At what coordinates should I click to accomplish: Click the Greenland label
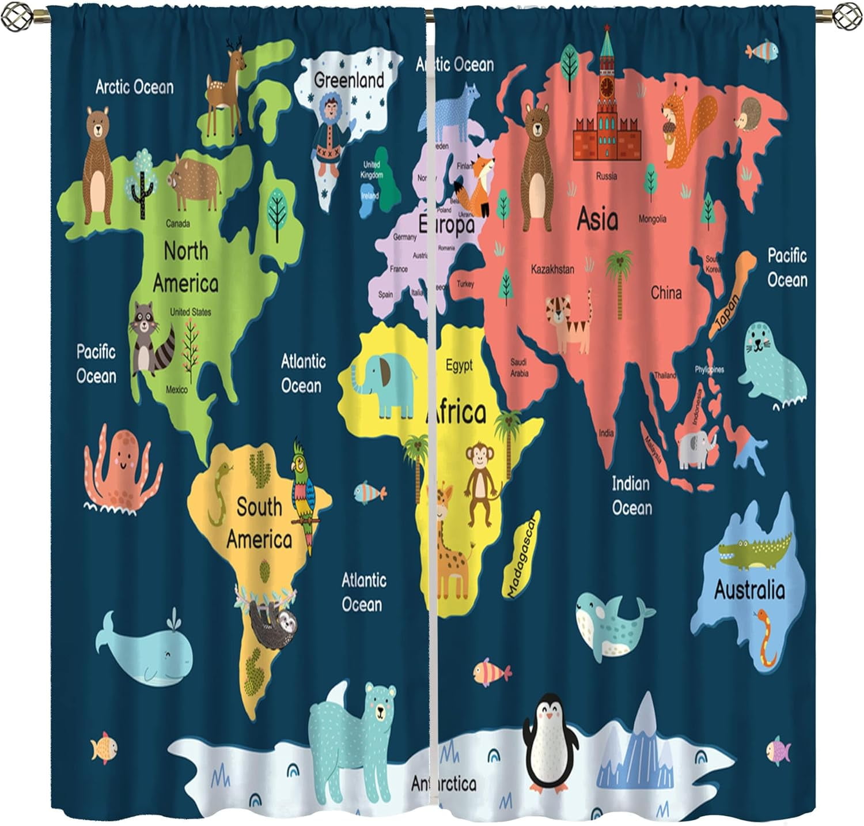click(348, 80)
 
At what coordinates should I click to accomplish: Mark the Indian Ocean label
click(631, 496)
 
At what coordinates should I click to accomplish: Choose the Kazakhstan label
click(552, 269)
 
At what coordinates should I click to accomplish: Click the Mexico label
click(176, 390)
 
